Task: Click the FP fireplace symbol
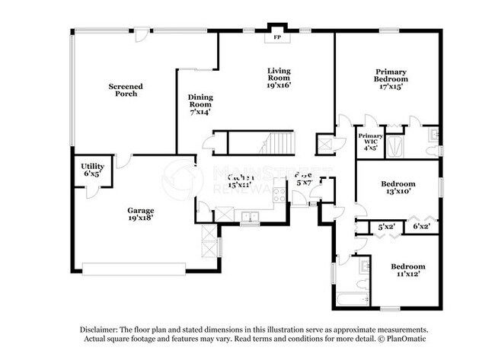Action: [276, 37]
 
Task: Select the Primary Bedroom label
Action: [391, 79]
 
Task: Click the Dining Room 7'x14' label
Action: [200, 104]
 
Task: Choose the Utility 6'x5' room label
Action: [93, 169]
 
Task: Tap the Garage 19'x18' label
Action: [141, 215]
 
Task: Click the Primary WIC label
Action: [370, 142]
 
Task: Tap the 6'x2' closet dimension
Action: [421, 227]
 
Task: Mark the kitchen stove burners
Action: [279, 192]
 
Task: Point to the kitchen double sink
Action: [250, 217]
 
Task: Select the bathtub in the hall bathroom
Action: [351, 297]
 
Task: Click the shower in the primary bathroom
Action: [396, 146]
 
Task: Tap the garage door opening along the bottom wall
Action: [134, 268]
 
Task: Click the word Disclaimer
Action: [100, 330]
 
